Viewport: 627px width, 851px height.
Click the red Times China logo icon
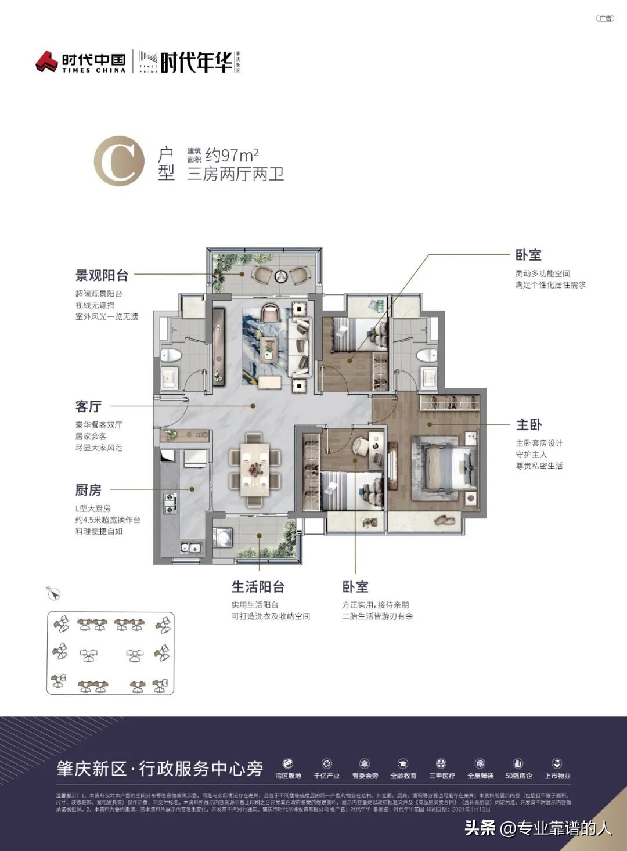click(x=47, y=61)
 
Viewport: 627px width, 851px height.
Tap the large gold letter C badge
click(x=119, y=161)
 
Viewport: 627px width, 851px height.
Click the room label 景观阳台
click(x=102, y=275)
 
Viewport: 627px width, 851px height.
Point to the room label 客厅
click(x=88, y=406)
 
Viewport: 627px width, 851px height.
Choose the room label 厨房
click(x=88, y=490)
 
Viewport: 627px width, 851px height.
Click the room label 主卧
click(x=529, y=425)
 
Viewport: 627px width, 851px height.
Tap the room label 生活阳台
click(x=258, y=587)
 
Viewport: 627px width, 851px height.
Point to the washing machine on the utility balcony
click(x=223, y=536)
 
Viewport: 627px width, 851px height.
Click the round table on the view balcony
click(x=280, y=276)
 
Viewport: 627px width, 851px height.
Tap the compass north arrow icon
click(x=53, y=593)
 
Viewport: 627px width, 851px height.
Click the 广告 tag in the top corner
click(x=604, y=18)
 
